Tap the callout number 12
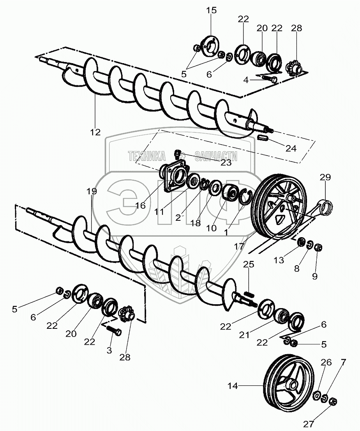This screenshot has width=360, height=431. click(x=95, y=132)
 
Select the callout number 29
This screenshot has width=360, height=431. click(x=325, y=177)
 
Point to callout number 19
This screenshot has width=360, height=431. click(x=92, y=192)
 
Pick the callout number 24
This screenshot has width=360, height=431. click(x=291, y=148)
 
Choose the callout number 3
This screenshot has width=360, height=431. click(x=109, y=350)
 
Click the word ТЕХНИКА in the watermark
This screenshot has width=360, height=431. click(x=146, y=156)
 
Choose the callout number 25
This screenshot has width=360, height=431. click(x=249, y=264)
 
